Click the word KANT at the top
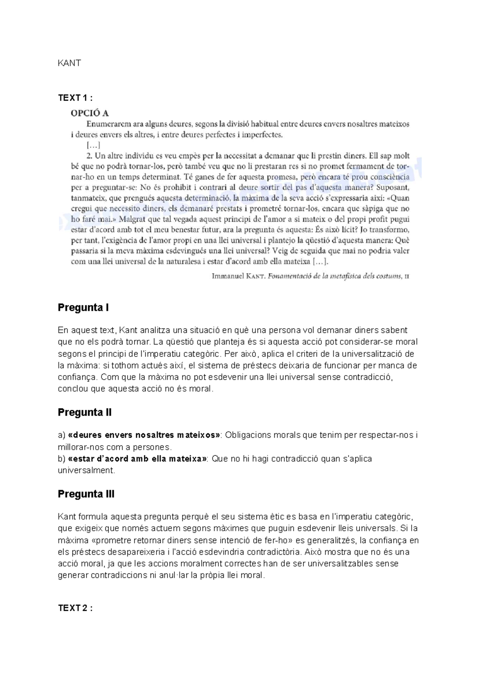tap(69, 63)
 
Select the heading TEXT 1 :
tap(75, 98)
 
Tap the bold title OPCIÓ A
tap(90, 113)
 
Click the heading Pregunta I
tap(83, 308)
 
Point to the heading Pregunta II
tap(85, 412)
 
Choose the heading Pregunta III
tap(86, 494)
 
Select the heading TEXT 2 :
tap(75, 608)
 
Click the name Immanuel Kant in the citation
tap(238, 276)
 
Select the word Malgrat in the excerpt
tap(131, 219)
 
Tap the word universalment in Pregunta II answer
tap(86, 470)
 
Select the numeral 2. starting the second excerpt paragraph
tap(90, 156)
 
